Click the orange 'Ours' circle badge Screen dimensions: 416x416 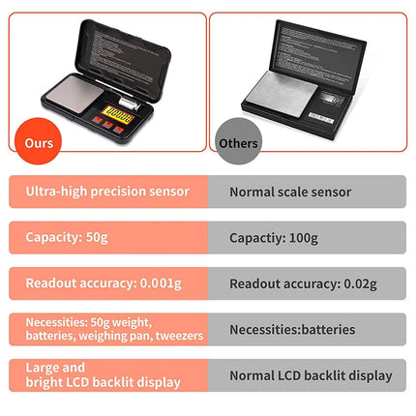40,141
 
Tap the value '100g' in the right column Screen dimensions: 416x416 307,237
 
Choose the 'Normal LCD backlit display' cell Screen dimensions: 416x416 310,374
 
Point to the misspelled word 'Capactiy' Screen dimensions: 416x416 256,237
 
